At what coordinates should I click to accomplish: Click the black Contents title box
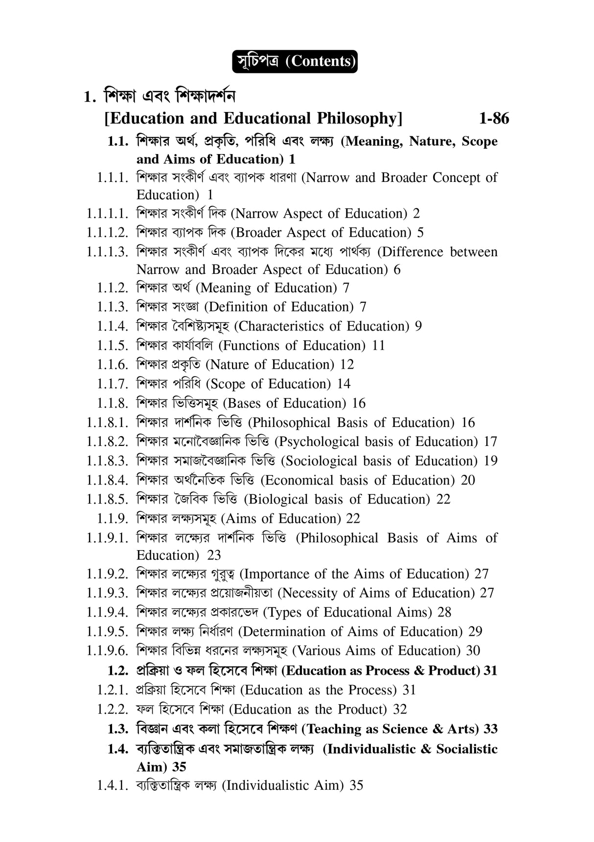(295, 62)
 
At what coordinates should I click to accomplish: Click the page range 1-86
(494, 118)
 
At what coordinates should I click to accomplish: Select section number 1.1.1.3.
(107, 252)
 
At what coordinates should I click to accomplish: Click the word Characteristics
(281, 326)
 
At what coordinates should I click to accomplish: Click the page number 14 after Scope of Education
(343, 384)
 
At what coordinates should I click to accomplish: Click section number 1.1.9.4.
(107, 612)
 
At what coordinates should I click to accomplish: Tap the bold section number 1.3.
(117, 729)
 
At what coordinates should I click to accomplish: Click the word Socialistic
(467, 749)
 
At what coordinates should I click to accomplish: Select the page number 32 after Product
(400, 709)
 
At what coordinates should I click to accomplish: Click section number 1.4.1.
(112, 786)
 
